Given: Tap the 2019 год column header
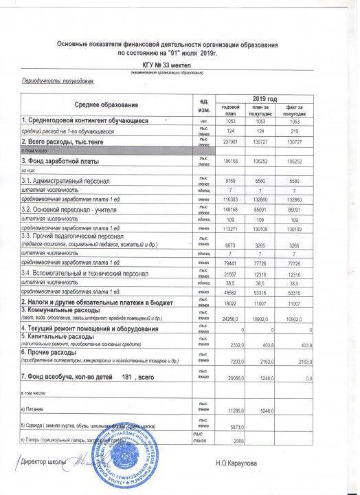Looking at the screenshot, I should [264, 99].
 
